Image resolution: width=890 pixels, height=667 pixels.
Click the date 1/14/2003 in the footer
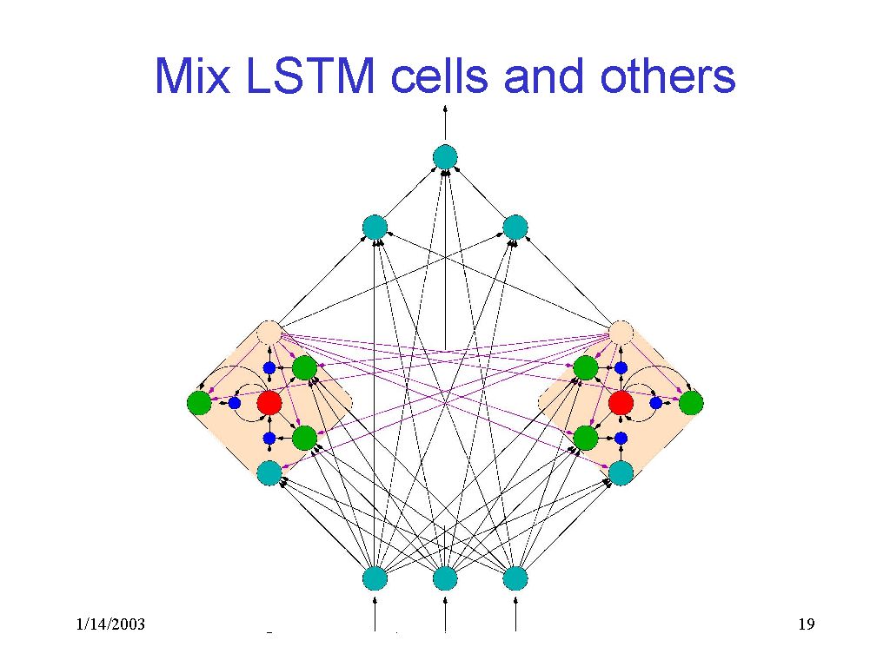coord(110,624)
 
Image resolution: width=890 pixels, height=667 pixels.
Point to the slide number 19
coord(806,624)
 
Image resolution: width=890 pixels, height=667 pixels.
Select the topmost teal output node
coord(445,157)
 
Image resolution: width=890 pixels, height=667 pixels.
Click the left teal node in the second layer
coord(375,228)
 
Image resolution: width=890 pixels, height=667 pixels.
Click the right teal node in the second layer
coord(515,228)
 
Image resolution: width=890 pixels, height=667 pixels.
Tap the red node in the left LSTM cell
coord(269,403)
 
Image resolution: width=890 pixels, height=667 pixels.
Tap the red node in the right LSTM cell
coord(621,403)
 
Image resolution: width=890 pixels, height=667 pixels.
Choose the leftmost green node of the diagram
coord(199,403)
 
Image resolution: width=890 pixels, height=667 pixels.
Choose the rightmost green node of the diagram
coord(691,403)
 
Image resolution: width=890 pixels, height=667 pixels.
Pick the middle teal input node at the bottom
coord(445,578)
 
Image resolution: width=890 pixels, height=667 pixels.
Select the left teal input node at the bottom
coord(375,578)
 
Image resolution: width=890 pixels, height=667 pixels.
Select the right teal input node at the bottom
coord(515,578)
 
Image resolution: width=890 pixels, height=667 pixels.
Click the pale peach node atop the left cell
coord(269,333)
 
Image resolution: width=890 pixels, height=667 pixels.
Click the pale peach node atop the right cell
coord(621,333)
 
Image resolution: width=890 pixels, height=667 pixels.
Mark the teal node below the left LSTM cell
coord(269,473)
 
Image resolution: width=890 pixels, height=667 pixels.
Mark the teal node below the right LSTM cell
coord(621,473)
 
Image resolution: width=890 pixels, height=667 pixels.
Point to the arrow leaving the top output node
coord(445,122)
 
